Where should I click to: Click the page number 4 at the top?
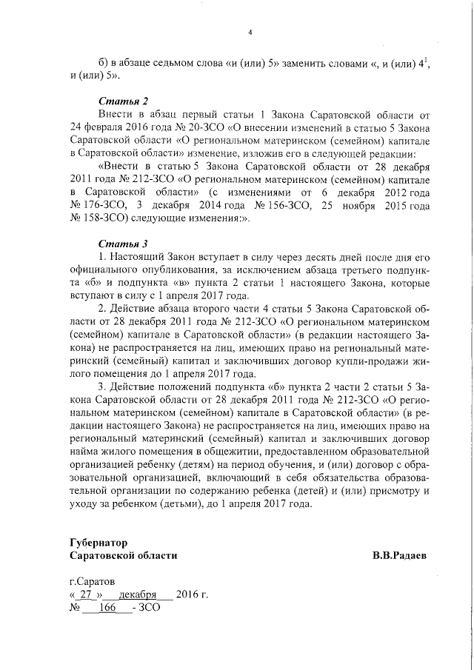tap(250, 32)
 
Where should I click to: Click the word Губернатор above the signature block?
tap(99, 542)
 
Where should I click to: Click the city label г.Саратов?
tap(92, 581)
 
